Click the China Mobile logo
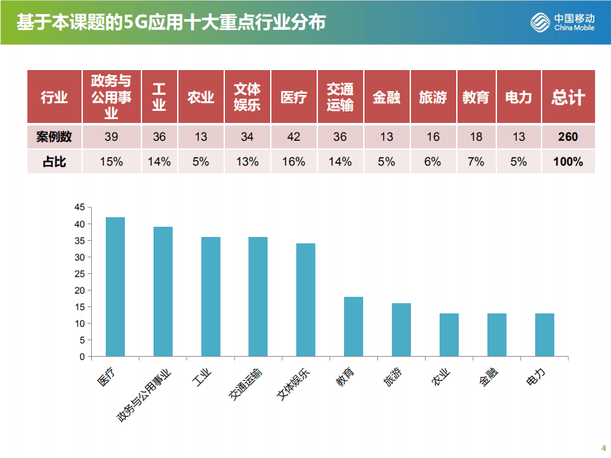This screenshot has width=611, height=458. click(563, 22)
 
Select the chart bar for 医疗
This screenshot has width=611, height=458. click(115, 287)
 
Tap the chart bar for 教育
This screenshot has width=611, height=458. click(354, 326)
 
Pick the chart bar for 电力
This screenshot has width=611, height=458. click(545, 334)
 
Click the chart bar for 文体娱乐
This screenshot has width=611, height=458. click(306, 299)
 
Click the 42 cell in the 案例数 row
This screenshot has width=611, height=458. click(294, 137)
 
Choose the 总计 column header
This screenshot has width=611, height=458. click(568, 97)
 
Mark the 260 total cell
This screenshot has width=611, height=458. click(568, 137)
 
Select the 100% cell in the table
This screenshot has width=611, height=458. click(568, 162)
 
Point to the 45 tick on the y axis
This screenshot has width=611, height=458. click(79, 208)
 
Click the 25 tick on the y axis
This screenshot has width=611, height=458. click(79, 274)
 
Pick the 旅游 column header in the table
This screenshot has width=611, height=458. click(433, 97)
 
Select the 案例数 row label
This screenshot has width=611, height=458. click(54, 137)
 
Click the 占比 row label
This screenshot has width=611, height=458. click(54, 162)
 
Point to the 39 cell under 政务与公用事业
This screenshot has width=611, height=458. click(111, 137)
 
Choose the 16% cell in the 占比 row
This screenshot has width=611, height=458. click(294, 162)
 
